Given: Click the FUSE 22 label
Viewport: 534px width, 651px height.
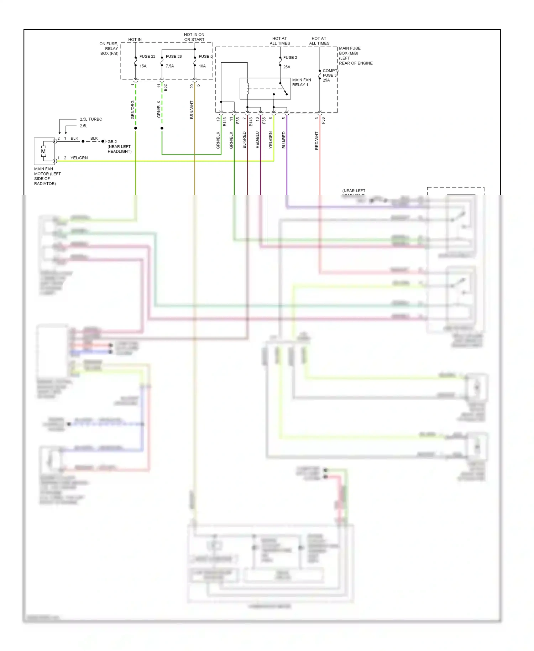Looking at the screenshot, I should (147, 57).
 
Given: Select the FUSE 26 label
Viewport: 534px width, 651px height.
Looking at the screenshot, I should (174, 57).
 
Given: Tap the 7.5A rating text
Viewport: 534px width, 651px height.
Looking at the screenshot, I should (170, 66).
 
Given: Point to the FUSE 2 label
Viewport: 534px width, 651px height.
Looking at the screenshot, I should (290, 58).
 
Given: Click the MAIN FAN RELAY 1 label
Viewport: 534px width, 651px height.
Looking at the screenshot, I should (302, 82).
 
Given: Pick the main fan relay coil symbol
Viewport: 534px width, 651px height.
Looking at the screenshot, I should (248, 89).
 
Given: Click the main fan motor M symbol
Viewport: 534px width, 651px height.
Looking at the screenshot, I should (43, 151).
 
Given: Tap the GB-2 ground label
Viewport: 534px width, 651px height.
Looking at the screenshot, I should (112, 142).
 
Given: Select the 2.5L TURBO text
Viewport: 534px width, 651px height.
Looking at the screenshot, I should (91, 119).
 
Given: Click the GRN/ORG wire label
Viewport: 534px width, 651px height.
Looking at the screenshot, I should (133, 110).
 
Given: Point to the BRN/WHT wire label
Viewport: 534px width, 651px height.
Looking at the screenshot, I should (192, 110).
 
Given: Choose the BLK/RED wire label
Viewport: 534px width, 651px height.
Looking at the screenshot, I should (245, 140).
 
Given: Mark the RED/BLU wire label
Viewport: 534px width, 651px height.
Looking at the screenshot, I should (258, 140).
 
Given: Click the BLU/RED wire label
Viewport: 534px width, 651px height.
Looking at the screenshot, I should (284, 140).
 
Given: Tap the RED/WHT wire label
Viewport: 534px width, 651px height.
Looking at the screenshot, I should (317, 141).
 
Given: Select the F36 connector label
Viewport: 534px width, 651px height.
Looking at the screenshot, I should (324, 121).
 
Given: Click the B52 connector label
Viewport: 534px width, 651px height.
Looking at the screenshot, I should (166, 88).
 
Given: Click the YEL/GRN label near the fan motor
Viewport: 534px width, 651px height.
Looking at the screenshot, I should (79, 158).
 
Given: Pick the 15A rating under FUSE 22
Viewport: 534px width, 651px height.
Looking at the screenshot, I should (143, 66).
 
